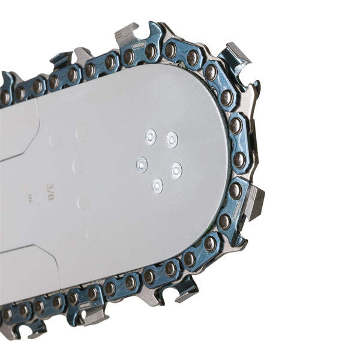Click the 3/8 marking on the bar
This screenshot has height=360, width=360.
50,191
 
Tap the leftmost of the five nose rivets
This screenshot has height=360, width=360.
142,163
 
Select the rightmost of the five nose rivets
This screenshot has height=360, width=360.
176,170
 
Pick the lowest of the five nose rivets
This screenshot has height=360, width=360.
157,185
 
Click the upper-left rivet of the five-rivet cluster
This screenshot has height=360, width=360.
150,137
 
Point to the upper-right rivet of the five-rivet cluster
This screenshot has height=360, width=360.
172,139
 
